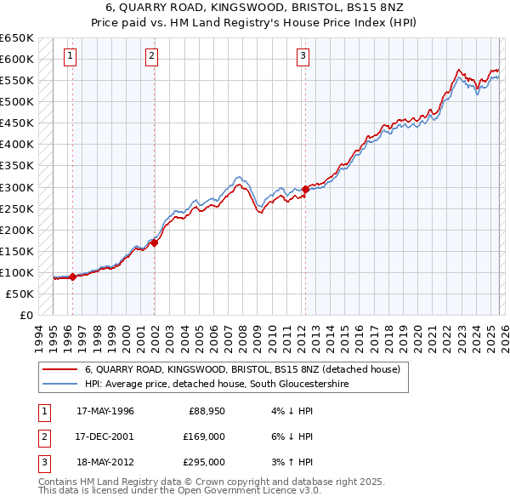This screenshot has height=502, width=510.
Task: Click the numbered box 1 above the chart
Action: pyautogui.click(x=70, y=57)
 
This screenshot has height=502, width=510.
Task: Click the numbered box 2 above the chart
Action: pyautogui.click(x=151, y=57)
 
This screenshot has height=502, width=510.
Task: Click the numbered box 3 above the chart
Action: pyautogui.click(x=303, y=57)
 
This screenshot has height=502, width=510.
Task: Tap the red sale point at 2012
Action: pyautogui.click(x=305, y=189)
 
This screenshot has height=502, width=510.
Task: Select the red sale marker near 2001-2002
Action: pyautogui.click(x=155, y=242)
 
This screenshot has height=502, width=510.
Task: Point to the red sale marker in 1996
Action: pyautogui.click(x=72, y=277)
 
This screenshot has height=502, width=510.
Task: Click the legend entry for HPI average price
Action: pyautogui.click(x=217, y=385)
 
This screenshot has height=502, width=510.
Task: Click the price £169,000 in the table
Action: pyautogui.click(x=205, y=436)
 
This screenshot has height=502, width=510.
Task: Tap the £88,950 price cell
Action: pyautogui.click(x=207, y=411)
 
